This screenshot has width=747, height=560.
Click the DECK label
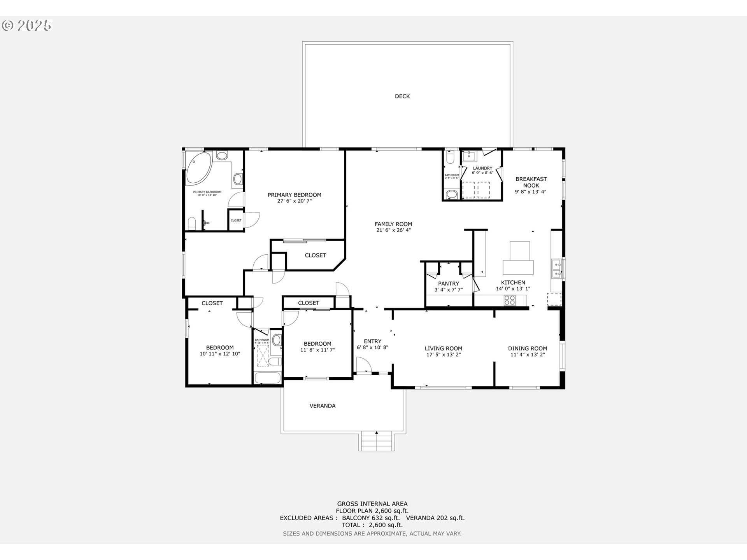pos(402,96)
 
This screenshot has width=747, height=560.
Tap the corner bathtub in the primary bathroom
pos(198,168)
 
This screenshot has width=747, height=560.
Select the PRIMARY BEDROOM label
pos(294,195)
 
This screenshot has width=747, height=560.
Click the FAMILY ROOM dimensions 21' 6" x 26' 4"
pos(393,230)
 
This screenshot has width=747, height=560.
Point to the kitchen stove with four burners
pos(509,300)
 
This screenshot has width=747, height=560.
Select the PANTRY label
pos(448,283)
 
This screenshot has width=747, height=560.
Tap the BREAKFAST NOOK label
pos(531,182)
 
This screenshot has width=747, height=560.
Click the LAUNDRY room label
pos(482,168)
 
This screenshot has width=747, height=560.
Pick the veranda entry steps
pos(376,441)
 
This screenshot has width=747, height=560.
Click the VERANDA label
pos(322,406)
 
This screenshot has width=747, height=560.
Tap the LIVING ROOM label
pos(443,348)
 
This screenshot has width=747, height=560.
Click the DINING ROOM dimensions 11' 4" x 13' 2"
pos(527,355)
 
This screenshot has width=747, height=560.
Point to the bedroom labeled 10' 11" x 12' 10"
pos(219,351)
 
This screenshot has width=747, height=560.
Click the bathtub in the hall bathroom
pos(267,378)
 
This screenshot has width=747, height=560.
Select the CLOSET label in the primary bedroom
pos(315,255)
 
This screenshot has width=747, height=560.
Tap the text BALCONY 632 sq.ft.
pos(370,518)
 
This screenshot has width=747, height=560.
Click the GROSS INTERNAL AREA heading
pos(372,504)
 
